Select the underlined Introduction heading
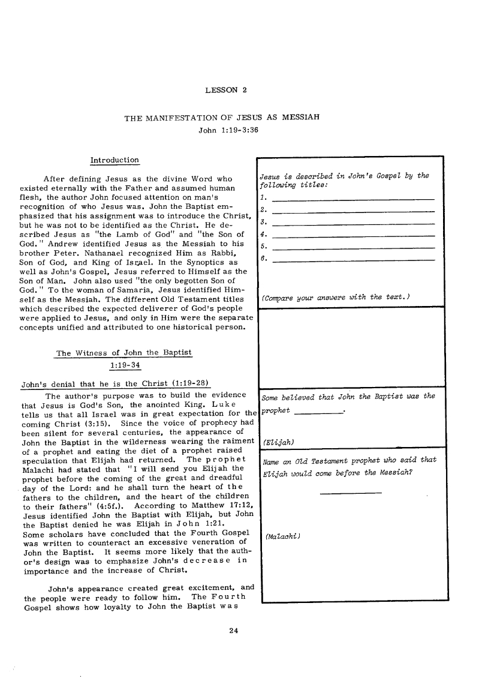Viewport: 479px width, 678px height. coord(114,160)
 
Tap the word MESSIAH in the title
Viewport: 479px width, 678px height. coord(297,118)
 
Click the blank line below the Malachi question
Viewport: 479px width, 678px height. coord(351,493)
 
